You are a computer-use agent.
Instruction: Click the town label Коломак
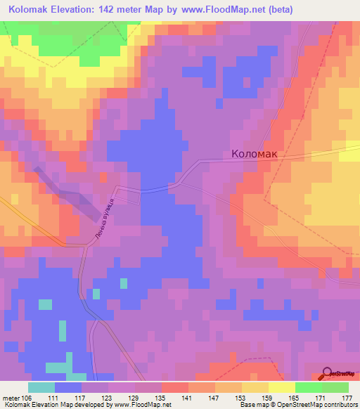click(x=257, y=154)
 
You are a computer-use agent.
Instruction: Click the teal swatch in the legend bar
click(x=41, y=387)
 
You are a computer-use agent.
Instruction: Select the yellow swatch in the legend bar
click(x=281, y=387)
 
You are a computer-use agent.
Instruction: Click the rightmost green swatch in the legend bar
click(x=335, y=387)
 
